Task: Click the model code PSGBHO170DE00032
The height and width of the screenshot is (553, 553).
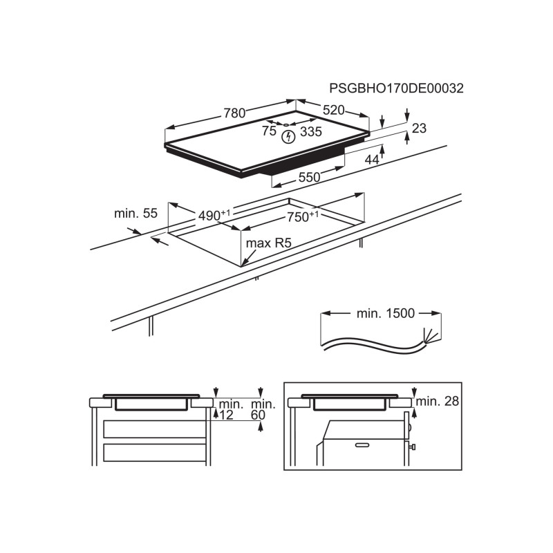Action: tap(396, 88)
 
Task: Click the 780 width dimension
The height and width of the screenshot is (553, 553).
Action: tap(234, 113)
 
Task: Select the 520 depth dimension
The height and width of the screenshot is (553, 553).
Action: tap(334, 109)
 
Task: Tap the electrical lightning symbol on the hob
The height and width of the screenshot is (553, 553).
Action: tap(288, 135)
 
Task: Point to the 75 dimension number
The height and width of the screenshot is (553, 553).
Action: tap(269, 131)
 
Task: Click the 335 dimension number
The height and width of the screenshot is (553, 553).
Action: tap(311, 132)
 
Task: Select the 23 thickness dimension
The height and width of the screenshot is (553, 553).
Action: tap(420, 128)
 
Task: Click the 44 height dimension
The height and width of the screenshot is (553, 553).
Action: tap(372, 160)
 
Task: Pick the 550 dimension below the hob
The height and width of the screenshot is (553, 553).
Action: tap(309, 178)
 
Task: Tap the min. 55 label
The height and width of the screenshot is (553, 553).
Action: tap(136, 214)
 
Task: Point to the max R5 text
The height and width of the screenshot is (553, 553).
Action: tap(268, 243)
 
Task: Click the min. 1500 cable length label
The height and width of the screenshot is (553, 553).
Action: tap(386, 313)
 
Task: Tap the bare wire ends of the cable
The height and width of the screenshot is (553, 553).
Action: tap(432, 336)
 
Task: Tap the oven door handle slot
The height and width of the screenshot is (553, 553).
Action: tap(362, 444)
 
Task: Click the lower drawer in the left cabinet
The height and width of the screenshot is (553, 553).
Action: tap(154, 453)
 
